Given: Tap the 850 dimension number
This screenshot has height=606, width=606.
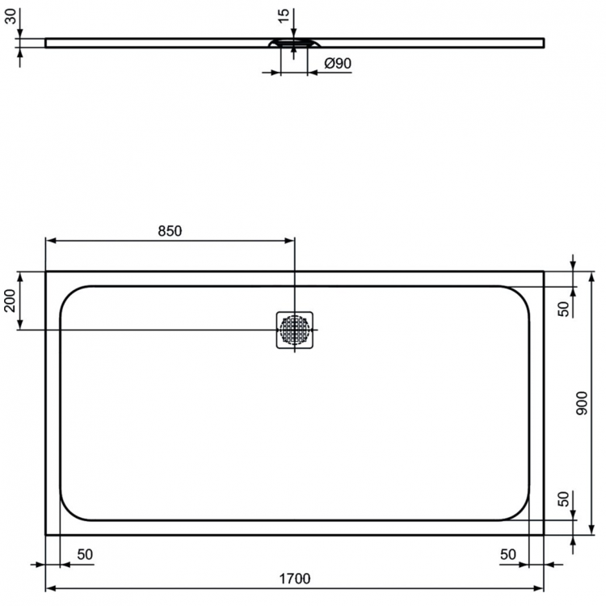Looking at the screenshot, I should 170,230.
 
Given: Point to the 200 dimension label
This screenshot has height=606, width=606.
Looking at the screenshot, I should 10,301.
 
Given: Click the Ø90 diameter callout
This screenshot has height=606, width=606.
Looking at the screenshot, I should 337,64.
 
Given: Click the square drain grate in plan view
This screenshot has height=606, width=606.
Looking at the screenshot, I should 295,330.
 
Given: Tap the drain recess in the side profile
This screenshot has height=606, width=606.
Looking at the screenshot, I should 294,44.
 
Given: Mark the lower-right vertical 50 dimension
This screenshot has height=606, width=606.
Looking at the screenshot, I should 566,499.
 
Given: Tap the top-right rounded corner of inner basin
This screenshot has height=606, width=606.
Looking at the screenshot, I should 521,293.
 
